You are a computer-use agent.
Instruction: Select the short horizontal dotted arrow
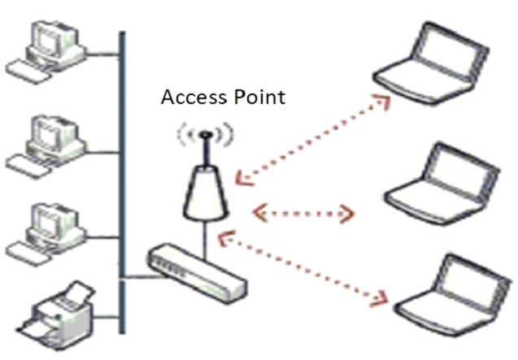(x=303, y=215)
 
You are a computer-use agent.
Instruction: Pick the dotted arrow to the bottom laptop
(x=303, y=268)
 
